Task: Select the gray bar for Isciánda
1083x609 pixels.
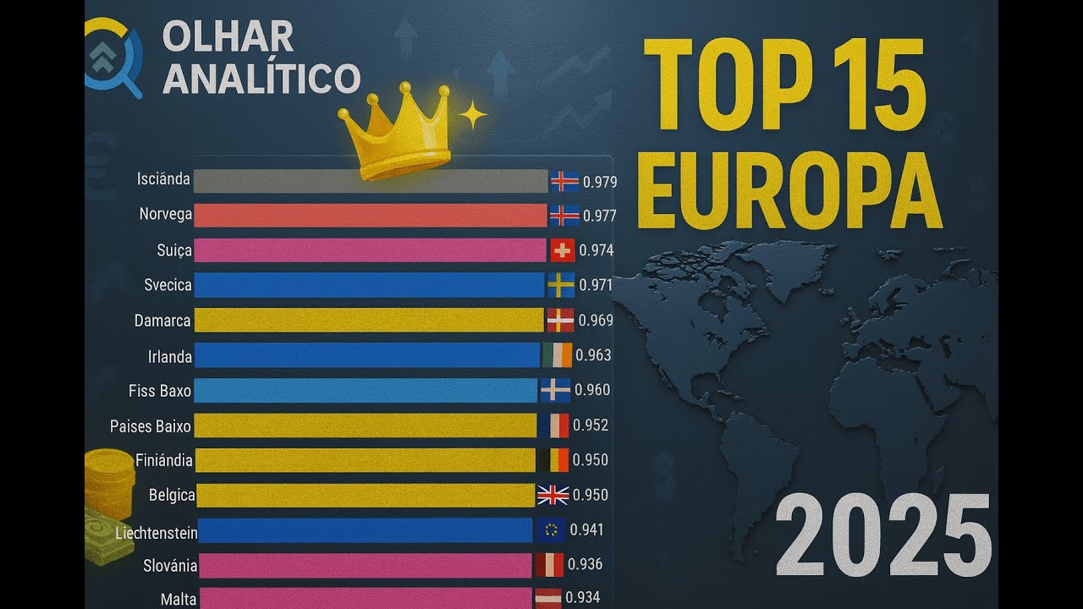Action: point(371,181)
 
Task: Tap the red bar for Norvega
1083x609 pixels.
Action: point(371,216)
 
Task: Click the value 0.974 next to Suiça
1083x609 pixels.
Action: point(597,250)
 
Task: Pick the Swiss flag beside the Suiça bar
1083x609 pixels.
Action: point(563,250)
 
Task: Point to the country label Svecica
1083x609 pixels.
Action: point(168,285)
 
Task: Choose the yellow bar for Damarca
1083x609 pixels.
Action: point(369,321)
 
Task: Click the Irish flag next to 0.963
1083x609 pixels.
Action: point(558,355)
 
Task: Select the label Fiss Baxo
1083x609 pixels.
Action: point(160,391)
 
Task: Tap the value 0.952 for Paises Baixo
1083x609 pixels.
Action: point(591,425)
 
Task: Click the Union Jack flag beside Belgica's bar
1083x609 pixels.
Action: point(553,495)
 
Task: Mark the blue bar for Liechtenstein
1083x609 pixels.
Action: point(366,530)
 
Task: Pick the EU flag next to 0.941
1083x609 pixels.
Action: point(551,530)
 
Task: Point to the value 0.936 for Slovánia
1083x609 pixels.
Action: point(585,564)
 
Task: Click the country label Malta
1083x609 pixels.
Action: point(179,599)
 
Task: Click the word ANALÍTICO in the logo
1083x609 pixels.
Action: point(261,78)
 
